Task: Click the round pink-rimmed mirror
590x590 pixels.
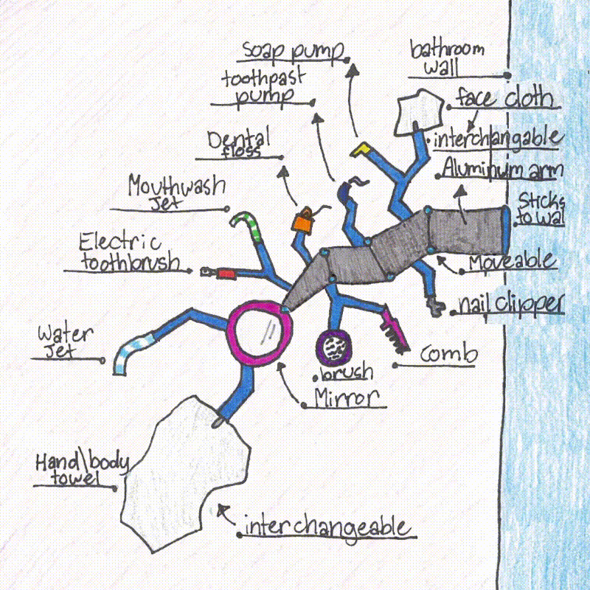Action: click(255, 336)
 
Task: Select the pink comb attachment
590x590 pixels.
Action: click(392, 329)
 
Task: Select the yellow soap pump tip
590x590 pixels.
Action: click(361, 149)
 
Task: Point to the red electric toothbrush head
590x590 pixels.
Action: click(224, 274)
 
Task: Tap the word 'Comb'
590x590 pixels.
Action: click(448, 354)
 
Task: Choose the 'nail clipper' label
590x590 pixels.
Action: click(509, 303)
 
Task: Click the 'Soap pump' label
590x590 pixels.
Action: click(294, 52)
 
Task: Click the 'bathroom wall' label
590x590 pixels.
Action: click(447, 59)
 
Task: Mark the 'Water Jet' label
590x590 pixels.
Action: click(65, 342)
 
